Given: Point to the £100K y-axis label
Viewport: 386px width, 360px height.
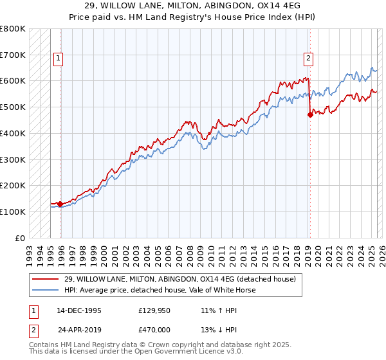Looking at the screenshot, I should tap(13, 212).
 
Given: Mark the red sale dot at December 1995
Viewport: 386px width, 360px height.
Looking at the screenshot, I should tap(60, 204).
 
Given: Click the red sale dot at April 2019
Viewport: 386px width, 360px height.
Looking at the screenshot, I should tap(310, 115).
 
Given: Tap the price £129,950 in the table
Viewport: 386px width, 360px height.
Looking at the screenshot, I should tap(153, 310).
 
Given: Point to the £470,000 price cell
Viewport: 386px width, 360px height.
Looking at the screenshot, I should tap(153, 330).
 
